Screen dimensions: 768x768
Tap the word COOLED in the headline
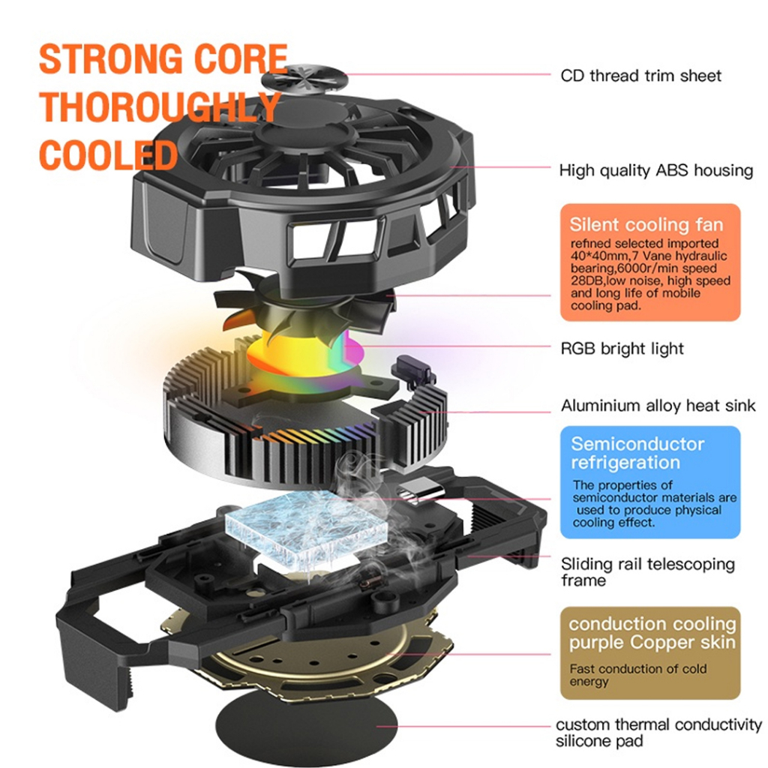coord(108,155)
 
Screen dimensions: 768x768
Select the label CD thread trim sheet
coord(640,76)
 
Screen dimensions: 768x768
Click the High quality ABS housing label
coord(655,171)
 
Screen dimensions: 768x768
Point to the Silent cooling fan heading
coord(646,224)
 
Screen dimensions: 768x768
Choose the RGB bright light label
coord(622,348)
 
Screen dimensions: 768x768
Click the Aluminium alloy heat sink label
coord(658,406)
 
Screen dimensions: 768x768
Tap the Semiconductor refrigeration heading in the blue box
coord(637,453)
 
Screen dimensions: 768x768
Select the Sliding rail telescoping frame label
coord(647,571)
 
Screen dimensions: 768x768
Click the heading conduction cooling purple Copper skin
coord(652,633)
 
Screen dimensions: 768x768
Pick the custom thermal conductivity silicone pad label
coord(658,733)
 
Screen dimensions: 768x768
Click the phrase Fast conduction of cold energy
coord(637,675)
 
